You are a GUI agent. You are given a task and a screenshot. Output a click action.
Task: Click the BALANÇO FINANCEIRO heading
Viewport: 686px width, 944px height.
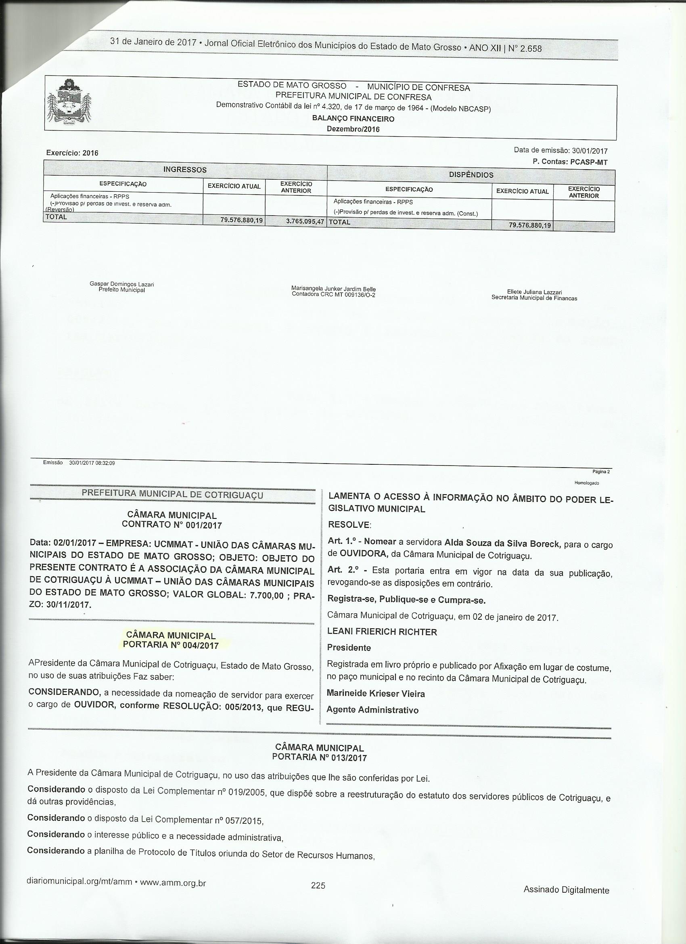(x=353, y=119)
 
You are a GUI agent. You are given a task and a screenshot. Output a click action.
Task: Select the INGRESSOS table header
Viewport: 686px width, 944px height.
(x=185, y=170)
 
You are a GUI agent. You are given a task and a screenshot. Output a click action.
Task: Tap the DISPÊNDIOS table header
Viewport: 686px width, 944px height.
(x=471, y=175)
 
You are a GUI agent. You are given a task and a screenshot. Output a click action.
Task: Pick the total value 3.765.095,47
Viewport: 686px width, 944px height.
(x=305, y=221)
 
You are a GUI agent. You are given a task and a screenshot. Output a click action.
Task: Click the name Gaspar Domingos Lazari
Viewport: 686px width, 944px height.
(x=122, y=284)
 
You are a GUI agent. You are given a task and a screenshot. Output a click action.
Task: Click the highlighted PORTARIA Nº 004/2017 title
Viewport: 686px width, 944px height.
(x=171, y=645)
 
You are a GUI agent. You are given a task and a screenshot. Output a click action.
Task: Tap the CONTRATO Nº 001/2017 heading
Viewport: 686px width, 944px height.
(x=171, y=525)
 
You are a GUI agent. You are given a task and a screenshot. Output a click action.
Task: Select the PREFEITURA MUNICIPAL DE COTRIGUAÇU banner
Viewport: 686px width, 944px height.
(x=172, y=494)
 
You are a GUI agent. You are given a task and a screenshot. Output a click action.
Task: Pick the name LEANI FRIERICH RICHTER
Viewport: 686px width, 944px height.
(x=382, y=632)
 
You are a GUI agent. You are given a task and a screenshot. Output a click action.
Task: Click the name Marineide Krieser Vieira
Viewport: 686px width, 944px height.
(x=376, y=693)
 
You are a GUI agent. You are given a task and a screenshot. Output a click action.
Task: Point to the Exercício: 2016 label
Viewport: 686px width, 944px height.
(x=72, y=153)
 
